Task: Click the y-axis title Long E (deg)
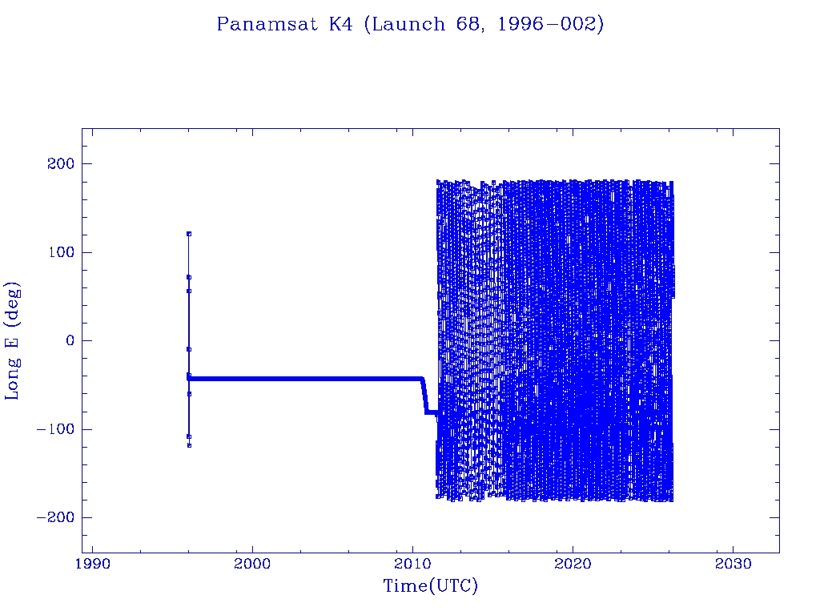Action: [x=13, y=340]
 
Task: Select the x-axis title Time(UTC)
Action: [x=430, y=586]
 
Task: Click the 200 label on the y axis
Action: [x=60, y=164]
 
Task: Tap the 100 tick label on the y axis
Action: [x=60, y=252]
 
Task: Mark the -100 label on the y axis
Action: [x=55, y=429]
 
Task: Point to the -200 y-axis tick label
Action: [x=55, y=517]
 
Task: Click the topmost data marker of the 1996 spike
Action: [x=189, y=234]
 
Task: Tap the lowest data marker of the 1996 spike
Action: [x=189, y=445]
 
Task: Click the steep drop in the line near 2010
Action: [x=424, y=395]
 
